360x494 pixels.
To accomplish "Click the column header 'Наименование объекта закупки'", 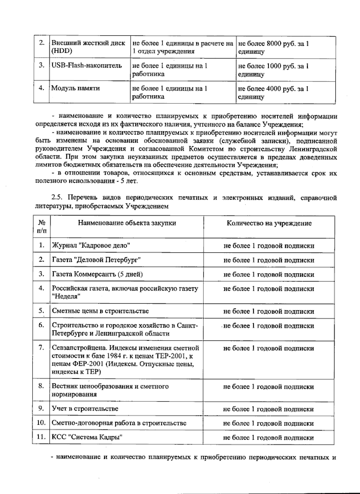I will coord(127,223).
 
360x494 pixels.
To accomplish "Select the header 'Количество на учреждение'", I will coord(269,223).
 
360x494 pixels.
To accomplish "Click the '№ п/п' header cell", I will coord(42,227).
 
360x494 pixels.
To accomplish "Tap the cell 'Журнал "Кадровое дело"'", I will coord(91,246).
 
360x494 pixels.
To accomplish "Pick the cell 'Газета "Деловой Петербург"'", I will coord(97,260).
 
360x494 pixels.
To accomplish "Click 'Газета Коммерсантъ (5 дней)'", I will coord(97,274).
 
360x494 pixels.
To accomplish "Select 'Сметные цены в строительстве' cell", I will coord(100,311).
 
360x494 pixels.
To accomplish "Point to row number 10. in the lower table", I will coord(41,423).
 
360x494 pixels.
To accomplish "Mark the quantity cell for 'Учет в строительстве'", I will coord(268,409).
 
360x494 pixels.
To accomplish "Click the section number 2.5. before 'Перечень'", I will coord(57,198).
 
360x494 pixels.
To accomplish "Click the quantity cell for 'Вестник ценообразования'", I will coord(268,387).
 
